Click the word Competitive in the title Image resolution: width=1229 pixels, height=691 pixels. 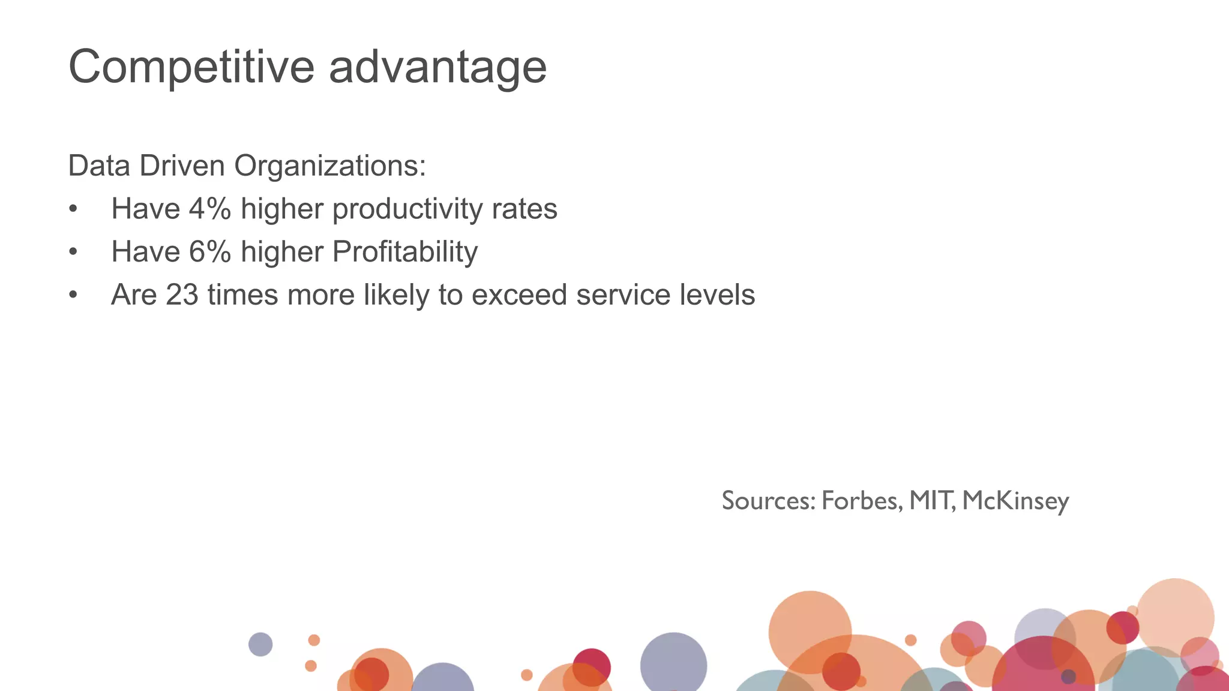[191, 67]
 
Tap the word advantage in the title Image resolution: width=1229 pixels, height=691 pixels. [437, 67]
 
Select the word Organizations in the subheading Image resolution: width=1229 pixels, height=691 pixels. [329, 166]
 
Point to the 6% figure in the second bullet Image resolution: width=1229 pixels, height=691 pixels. [210, 251]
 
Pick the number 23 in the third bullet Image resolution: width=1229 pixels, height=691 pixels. [182, 295]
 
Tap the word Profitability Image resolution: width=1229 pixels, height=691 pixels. [404, 251]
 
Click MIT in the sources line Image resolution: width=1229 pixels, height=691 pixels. [930, 500]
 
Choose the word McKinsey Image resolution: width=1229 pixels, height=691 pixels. [1015, 500]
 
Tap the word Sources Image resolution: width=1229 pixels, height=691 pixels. [768, 500]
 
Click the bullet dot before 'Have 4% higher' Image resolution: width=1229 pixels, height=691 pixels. [73, 209]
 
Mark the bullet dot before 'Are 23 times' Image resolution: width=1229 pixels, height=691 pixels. [73, 295]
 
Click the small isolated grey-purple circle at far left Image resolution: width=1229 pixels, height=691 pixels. [260, 644]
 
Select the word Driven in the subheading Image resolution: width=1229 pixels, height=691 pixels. [182, 166]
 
